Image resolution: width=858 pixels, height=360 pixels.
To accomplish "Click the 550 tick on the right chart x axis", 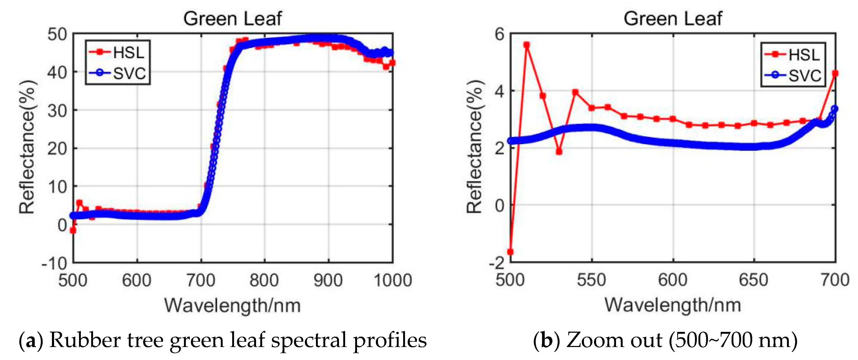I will coord(592,280).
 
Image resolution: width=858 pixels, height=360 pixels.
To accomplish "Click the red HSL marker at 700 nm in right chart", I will coord(835,73).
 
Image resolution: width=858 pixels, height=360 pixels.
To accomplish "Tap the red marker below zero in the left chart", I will coord(73,230).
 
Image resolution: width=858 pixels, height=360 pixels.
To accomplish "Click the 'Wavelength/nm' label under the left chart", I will coord(232,305).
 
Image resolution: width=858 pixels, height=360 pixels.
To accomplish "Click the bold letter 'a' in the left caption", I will coord(31,341).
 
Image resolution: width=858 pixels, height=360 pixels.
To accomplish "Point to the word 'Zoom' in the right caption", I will coord(585,341).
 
